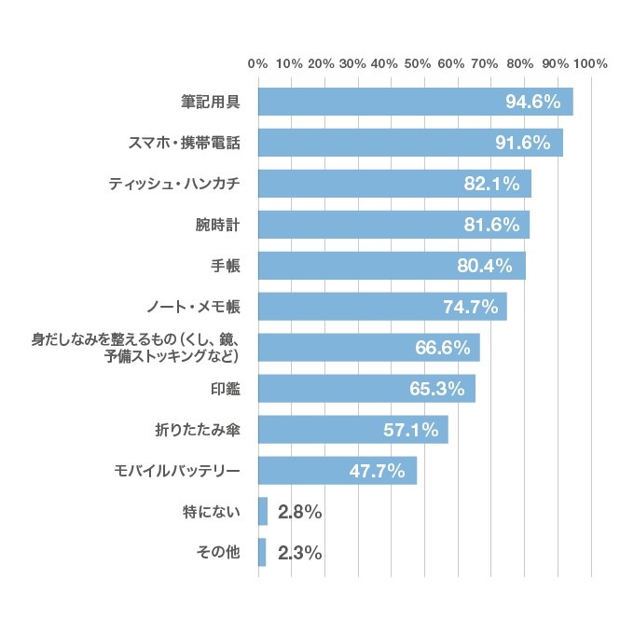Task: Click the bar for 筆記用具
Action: pyautogui.click(x=415, y=102)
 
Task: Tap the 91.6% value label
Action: pyautogui.click(x=529, y=143)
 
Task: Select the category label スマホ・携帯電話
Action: pyautogui.click(x=183, y=143)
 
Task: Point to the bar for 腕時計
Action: pyautogui.click(x=393, y=225)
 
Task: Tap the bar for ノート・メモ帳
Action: pyautogui.click(x=382, y=307)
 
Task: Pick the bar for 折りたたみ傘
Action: pyautogui.click(x=352, y=430)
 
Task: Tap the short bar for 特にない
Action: pyautogui.click(x=263, y=512)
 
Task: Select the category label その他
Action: pyautogui.click(x=218, y=553)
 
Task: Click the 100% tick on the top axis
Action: pyautogui.click(x=591, y=64)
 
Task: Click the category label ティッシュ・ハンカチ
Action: pyautogui.click(x=174, y=184)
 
